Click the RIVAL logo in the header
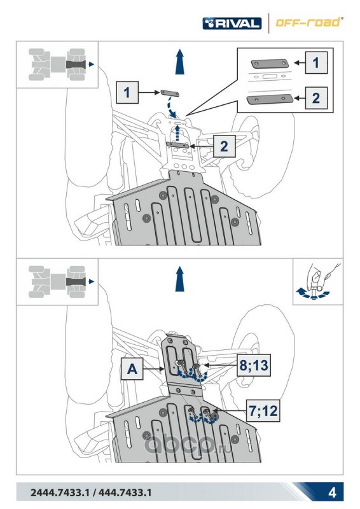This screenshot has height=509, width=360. coord(232,24)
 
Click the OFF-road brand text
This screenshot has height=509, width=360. coord(308,22)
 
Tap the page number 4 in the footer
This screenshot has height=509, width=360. coord(332,492)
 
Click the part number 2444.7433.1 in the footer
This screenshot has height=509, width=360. coord(60,492)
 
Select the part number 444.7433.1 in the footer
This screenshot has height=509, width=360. coord(125,492)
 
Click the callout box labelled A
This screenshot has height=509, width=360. coord(132,369)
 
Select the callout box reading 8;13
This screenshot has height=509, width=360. coord(254,365)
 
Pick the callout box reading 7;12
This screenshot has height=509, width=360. coord(263,410)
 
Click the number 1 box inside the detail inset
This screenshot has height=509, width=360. coord(316,62)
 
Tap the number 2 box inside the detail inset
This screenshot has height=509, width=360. coord(316,98)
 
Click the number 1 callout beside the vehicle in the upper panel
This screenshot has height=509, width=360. coord(127,92)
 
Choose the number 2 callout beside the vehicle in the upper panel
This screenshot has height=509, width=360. coord(225,146)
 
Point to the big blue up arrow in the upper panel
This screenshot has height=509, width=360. coord(180,62)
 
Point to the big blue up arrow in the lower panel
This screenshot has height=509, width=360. coord(180,279)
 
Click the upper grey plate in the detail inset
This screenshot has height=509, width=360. coord(270,64)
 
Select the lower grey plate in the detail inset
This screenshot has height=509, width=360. coord(270,99)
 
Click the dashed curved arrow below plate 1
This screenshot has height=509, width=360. coord(170,107)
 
